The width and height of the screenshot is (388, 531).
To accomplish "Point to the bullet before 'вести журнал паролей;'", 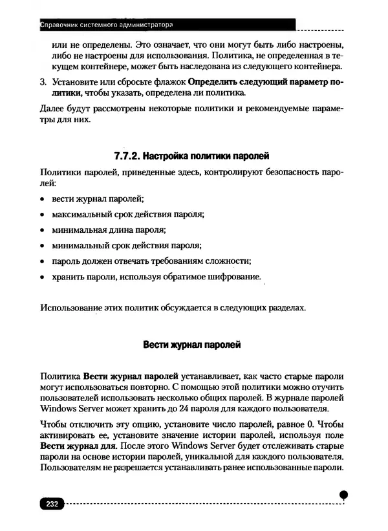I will click(42, 198).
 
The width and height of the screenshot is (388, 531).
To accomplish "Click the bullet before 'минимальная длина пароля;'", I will click(42, 230).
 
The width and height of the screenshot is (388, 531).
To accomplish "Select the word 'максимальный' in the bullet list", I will click(80, 213).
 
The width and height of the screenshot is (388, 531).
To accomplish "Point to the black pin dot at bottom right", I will click(344, 493).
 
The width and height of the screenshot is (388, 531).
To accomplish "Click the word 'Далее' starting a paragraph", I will click(52, 108).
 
